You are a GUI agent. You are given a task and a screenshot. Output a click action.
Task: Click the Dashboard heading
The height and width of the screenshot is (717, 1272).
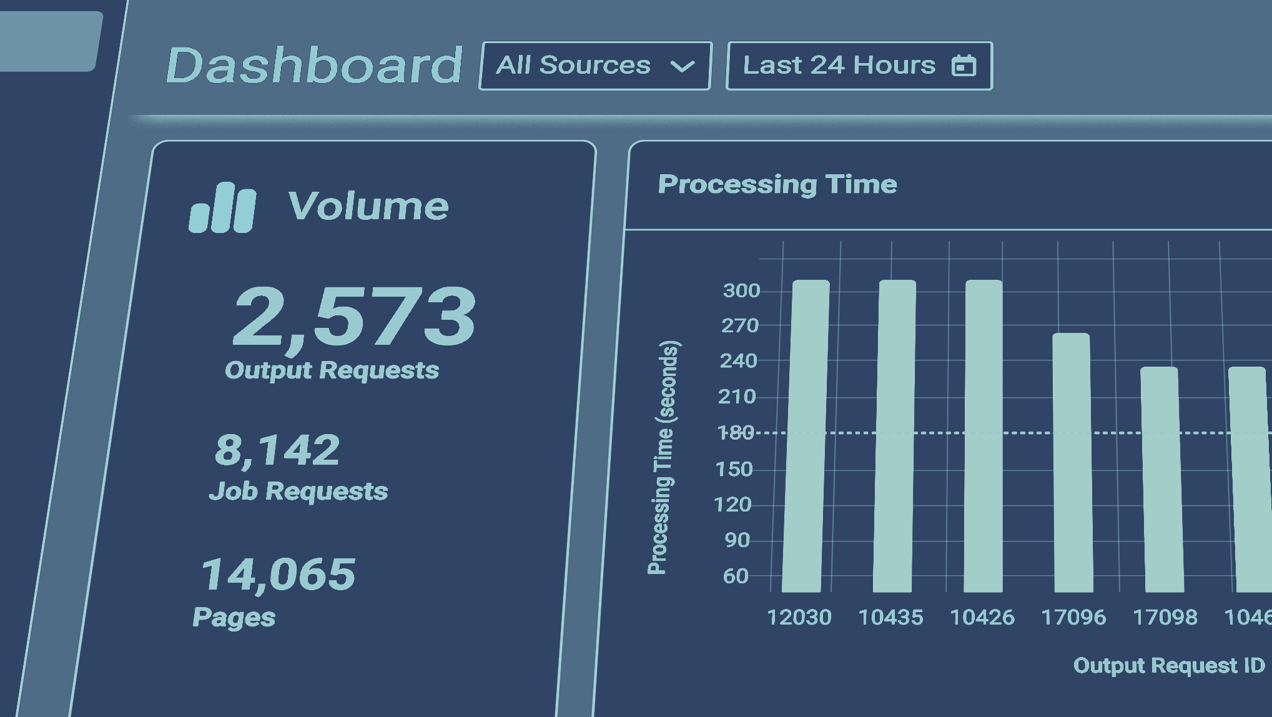tap(314, 65)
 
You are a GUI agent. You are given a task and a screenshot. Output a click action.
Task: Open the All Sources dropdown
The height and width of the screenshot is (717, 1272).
tap(594, 66)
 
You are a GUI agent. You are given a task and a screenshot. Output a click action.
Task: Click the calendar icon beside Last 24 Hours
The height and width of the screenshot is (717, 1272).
tap(963, 66)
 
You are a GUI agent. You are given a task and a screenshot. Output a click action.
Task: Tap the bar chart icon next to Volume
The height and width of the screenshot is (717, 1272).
tap(222, 208)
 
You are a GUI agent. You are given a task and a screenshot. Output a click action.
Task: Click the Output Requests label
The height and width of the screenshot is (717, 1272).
tap(332, 370)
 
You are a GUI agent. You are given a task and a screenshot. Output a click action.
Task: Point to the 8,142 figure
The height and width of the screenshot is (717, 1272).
tap(277, 450)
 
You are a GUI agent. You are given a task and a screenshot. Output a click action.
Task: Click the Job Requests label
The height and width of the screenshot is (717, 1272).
tap(298, 492)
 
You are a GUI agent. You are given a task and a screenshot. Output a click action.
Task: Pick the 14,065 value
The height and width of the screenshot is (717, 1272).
tap(278, 575)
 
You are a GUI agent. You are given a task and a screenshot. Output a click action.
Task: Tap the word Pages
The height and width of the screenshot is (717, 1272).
tap(234, 617)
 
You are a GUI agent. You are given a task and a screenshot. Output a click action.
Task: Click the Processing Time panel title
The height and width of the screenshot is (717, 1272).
tap(777, 184)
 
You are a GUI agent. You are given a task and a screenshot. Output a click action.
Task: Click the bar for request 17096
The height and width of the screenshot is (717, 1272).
tap(1072, 462)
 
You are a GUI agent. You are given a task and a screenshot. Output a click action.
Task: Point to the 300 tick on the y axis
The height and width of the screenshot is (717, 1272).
tap(741, 290)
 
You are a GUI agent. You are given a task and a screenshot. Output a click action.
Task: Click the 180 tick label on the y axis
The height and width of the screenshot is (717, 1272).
tap(736, 433)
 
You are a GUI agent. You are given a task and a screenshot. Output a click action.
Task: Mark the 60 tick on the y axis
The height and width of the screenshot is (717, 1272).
tap(736, 576)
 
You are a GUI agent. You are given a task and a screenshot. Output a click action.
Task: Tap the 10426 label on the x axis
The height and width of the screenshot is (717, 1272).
tap(982, 618)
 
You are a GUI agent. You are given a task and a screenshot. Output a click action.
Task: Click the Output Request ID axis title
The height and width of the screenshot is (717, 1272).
tap(1168, 666)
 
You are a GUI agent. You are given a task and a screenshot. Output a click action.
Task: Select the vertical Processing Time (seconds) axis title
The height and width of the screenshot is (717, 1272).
tap(662, 457)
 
